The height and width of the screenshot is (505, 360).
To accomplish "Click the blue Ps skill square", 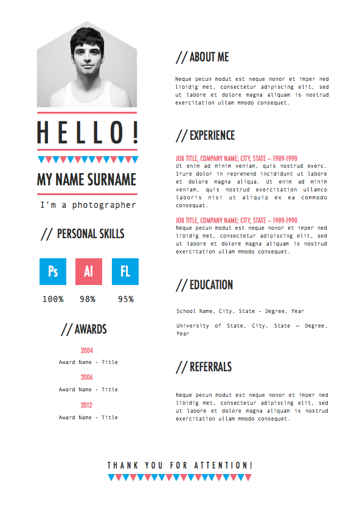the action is click(53, 272).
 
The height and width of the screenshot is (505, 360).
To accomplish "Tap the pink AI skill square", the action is click(89, 272).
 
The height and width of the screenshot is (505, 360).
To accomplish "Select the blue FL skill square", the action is click(125, 272).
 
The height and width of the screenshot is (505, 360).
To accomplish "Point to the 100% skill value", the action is click(53, 299).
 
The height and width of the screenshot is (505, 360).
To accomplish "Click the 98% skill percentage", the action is click(88, 299).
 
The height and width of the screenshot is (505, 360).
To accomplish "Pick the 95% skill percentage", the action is click(126, 299).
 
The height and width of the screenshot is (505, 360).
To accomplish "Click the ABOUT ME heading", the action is click(202, 57).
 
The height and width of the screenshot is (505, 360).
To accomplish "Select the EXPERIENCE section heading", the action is click(206, 135).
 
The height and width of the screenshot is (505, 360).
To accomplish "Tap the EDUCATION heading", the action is click(204, 284).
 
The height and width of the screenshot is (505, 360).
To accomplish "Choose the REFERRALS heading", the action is click(204, 367).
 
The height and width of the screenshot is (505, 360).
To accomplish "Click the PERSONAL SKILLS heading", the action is click(83, 234).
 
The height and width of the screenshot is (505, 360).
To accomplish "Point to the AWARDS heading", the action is click(84, 329).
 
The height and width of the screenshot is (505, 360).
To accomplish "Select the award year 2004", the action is click(87, 351).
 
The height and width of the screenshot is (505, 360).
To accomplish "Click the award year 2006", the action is click(87, 377).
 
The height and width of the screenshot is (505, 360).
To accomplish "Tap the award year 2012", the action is click(87, 405).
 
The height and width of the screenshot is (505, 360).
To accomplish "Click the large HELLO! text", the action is click(88, 132).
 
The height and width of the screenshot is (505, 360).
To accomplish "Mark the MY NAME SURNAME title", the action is click(87, 180).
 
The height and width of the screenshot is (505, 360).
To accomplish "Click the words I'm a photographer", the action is click(88, 205).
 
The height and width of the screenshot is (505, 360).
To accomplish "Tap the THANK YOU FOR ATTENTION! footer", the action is click(179, 465).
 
